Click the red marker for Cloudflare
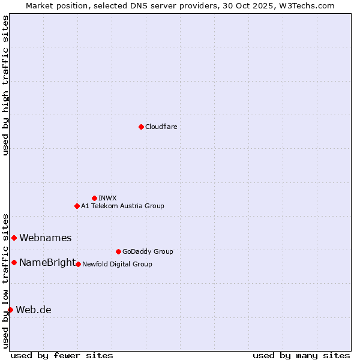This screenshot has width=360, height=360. (x=141, y=127)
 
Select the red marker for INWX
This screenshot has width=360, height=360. (x=94, y=198)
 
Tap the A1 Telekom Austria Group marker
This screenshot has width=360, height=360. (x=77, y=206)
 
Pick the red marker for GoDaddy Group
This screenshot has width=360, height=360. (x=118, y=251)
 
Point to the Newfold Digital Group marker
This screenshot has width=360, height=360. (x=78, y=264)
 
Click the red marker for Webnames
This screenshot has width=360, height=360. (x=14, y=238)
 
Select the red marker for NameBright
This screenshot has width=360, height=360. (x=14, y=262)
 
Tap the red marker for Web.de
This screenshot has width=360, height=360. (x=10, y=310)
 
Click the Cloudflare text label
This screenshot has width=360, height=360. (x=161, y=127)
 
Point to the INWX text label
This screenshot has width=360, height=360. (x=107, y=198)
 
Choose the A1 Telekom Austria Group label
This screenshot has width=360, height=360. (x=122, y=206)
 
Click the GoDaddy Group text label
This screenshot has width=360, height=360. (x=148, y=251)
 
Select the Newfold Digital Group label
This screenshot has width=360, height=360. (x=117, y=264)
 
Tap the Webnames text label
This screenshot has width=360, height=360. (x=45, y=238)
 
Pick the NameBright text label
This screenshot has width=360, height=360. (x=47, y=263)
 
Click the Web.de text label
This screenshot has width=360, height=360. (x=34, y=310)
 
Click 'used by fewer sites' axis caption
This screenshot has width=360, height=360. (x=62, y=355)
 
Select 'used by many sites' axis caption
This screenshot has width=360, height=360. (x=301, y=355)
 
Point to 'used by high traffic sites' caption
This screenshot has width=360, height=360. (x=5, y=85)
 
